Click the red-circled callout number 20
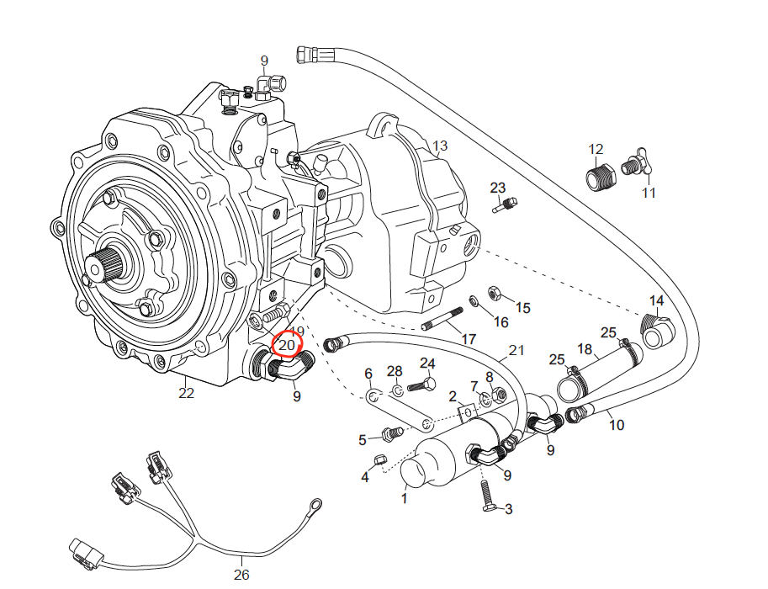[288, 345]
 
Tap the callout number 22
[186, 393]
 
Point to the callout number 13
[440, 148]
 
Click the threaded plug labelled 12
[597, 178]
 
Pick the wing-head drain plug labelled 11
[633, 166]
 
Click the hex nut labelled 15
[495, 293]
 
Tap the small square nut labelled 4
[379, 459]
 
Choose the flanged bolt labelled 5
[389, 434]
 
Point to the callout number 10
[617, 425]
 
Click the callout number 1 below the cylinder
[404, 498]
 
